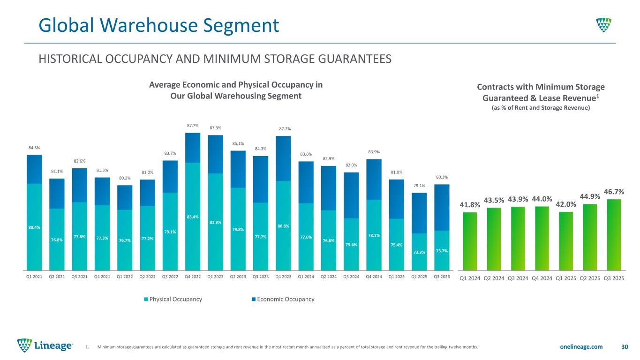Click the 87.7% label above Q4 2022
193,126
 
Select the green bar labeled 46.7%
614,234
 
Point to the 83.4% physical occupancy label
193,217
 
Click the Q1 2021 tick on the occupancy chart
34,277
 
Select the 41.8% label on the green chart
469,205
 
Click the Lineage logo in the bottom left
45,346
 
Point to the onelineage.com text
580,347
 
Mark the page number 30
624,347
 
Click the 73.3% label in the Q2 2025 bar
419,252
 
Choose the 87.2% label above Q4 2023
283,129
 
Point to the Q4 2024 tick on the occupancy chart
374,277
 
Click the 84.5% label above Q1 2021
34,148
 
